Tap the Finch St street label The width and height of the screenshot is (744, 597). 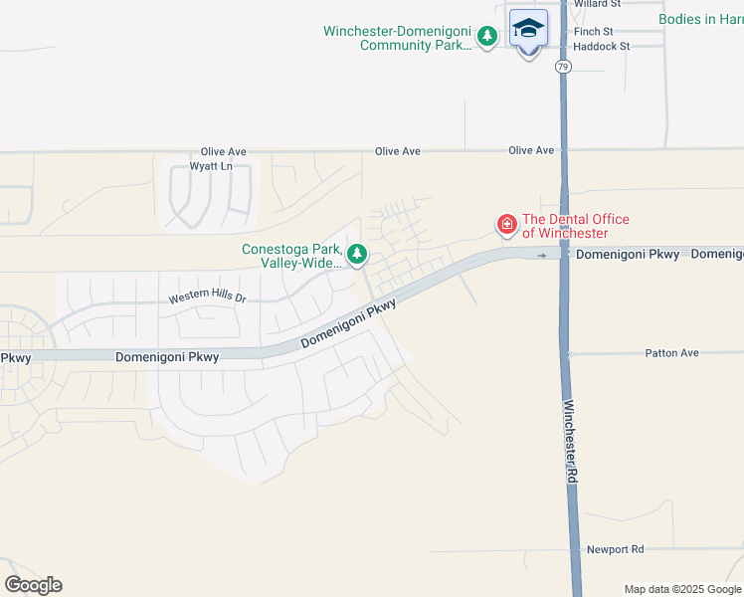pos(593,32)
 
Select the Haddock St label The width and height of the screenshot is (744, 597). pos(602,47)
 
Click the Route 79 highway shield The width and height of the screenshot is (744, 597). pos(564,67)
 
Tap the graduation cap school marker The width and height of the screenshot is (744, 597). pos(528,28)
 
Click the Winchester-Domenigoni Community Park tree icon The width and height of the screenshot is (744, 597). pos(486,38)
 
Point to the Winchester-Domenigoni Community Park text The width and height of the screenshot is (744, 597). pos(397,38)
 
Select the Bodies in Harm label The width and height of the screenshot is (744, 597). pos(700,19)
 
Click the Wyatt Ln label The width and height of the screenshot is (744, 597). pos(213,166)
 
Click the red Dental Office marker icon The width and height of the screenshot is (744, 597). pos(507,226)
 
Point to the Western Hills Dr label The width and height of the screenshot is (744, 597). pos(206,298)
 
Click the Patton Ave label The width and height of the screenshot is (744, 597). pos(672,353)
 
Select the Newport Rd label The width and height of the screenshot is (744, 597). pos(616,549)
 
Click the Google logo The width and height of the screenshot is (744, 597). pos(33,585)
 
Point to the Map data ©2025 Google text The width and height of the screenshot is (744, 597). pos(682,589)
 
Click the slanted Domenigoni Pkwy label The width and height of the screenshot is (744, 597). pos(348,324)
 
